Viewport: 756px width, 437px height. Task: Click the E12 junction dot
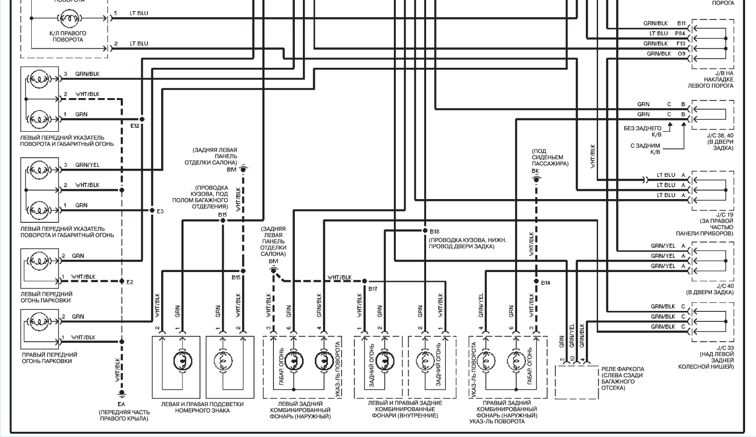pyautogui.click(x=142, y=119)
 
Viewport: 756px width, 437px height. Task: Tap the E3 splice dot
pyautogui.click(x=152, y=210)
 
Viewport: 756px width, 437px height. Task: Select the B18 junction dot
pyautogui.click(x=425, y=230)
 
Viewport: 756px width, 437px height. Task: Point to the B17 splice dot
pyautogui.click(x=364, y=281)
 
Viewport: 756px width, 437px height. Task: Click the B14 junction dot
pyautogui.click(x=536, y=281)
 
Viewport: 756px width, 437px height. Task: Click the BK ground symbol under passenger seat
pyautogui.click(x=536, y=179)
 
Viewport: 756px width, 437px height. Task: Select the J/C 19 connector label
pyautogui.click(x=725, y=215)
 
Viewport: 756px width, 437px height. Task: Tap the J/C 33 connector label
pyautogui.click(x=725, y=347)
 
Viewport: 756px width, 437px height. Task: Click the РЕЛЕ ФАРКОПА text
pyautogui.click(x=623, y=369)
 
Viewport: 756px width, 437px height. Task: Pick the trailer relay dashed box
pyautogui.click(x=577, y=382)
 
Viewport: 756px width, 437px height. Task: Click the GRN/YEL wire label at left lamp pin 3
pyautogui.click(x=87, y=164)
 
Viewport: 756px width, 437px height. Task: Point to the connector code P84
pyautogui.click(x=680, y=33)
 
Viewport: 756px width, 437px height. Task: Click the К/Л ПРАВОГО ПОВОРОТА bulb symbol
pyautogui.click(x=70, y=18)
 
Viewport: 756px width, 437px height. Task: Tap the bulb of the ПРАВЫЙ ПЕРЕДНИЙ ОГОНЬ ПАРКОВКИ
pyautogui.click(x=39, y=321)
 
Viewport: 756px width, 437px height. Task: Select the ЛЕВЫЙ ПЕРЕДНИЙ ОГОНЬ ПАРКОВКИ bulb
pyautogui.click(x=39, y=261)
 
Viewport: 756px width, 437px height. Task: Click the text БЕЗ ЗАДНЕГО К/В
pyautogui.click(x=642, y=131)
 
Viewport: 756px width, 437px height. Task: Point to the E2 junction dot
pyautogui.click(x=122, y=281)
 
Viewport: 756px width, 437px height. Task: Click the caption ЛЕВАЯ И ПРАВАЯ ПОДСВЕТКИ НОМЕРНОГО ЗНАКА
pyautogui.click(x=202, y=407)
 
